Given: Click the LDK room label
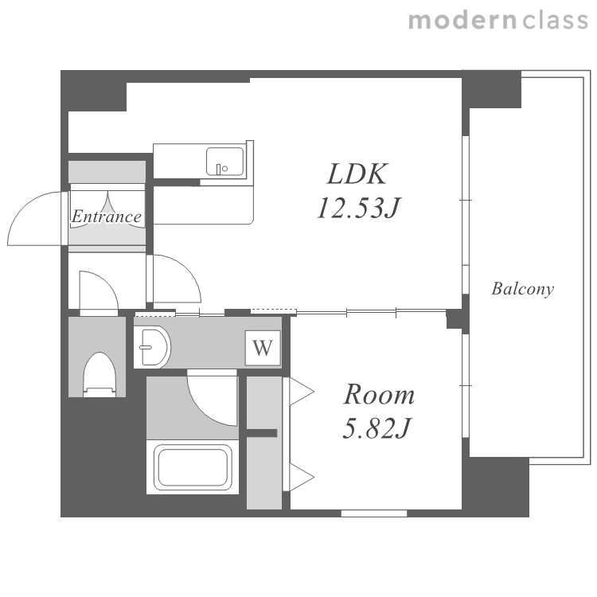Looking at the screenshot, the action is (x=357, y=174).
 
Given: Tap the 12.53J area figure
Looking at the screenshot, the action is (x=358, y=208).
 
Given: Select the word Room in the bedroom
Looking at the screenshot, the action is (x=379, y=394).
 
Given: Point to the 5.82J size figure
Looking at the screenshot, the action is (x=377, y=428).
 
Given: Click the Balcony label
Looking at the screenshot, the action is (x=522, y=289).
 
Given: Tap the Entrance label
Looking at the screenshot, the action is (x=107, y=217).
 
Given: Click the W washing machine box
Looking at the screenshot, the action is (x=263, y=348).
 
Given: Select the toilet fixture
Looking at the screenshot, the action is (x=99, y=375).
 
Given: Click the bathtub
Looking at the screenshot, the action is (x=193, y=467).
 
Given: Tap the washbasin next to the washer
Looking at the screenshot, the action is (x=152, y=347).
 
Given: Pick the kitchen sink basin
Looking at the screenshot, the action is (x=224, y=162).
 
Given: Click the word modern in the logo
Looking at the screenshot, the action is (x=462, y=20).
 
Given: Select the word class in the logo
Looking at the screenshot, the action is (x=555, y=20).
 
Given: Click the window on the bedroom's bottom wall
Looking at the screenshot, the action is (x=374, y=513).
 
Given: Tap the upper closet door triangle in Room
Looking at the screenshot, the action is (x=302, y=392).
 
